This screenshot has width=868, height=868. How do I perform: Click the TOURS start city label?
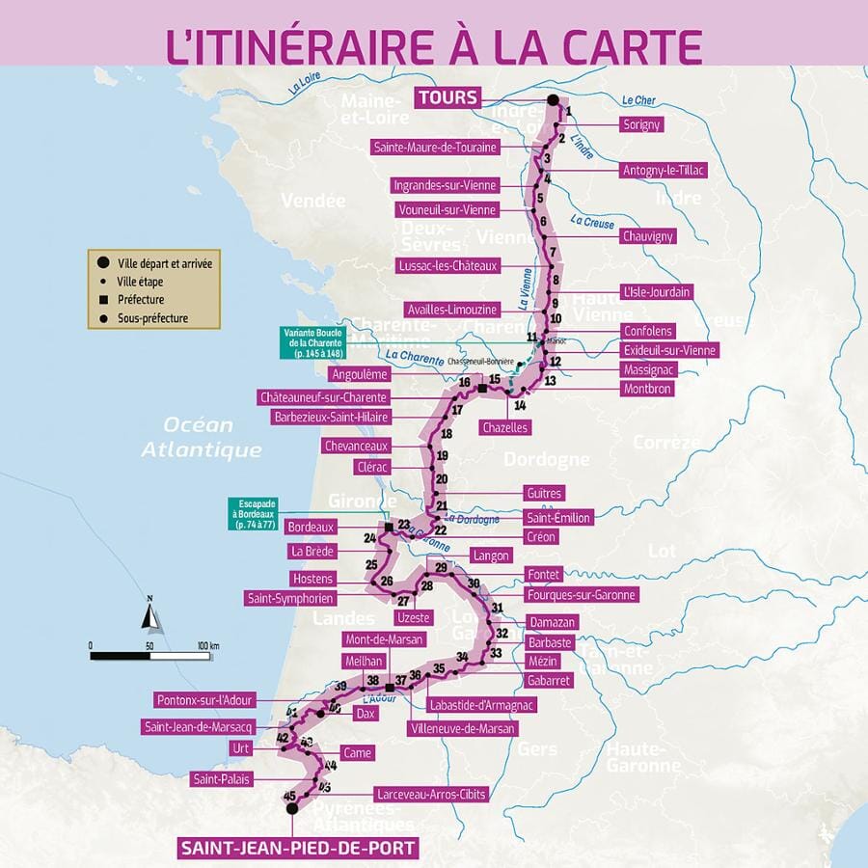tap(448, 97)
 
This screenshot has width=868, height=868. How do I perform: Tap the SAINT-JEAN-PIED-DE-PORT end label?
tap(298, 849)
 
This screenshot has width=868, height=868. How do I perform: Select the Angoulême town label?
tap(359, 374)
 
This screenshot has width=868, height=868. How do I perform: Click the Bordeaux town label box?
tap(311, 528)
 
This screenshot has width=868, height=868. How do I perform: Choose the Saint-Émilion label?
tap(557, 517)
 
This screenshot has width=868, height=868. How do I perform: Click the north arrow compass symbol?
tap(149, 612)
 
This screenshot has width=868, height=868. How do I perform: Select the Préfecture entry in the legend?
tap(140, 299)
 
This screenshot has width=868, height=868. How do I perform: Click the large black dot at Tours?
tap(553, 99)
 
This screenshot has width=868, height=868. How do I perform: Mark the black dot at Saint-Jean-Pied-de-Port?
tap(292, 810)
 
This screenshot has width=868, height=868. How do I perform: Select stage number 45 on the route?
tap(289, 795)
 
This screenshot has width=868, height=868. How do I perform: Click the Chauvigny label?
tap(647, 236)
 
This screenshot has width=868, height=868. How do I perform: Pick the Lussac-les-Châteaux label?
tap(448, 265)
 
